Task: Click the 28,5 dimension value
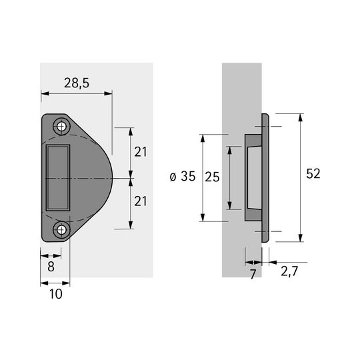coord(77,83)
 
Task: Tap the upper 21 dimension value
coord(140,152)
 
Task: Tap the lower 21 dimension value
coord(140,201)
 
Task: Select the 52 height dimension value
coord(313,173)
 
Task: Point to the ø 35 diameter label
coord(183,176)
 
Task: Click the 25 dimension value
coord(212,177)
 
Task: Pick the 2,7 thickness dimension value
coord(289,271)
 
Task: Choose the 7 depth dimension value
coord(253,274)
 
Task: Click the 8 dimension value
coord(51,267)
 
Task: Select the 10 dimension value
coord(56,294)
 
